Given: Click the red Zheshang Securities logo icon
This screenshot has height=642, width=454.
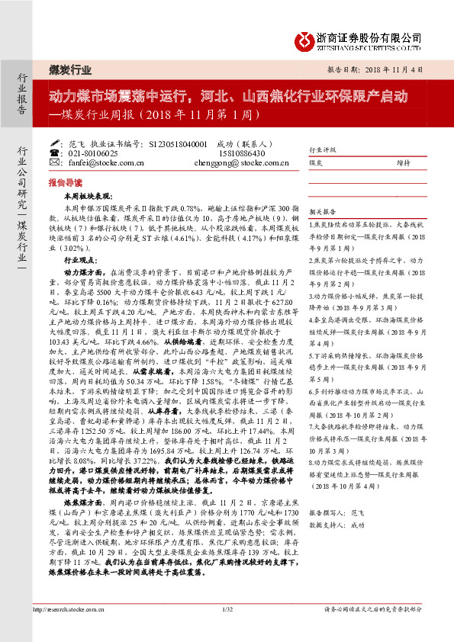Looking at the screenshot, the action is pyautogui.click(x=306, y=38).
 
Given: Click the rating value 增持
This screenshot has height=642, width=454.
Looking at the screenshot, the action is pyautogui.click(x=402, y=162).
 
